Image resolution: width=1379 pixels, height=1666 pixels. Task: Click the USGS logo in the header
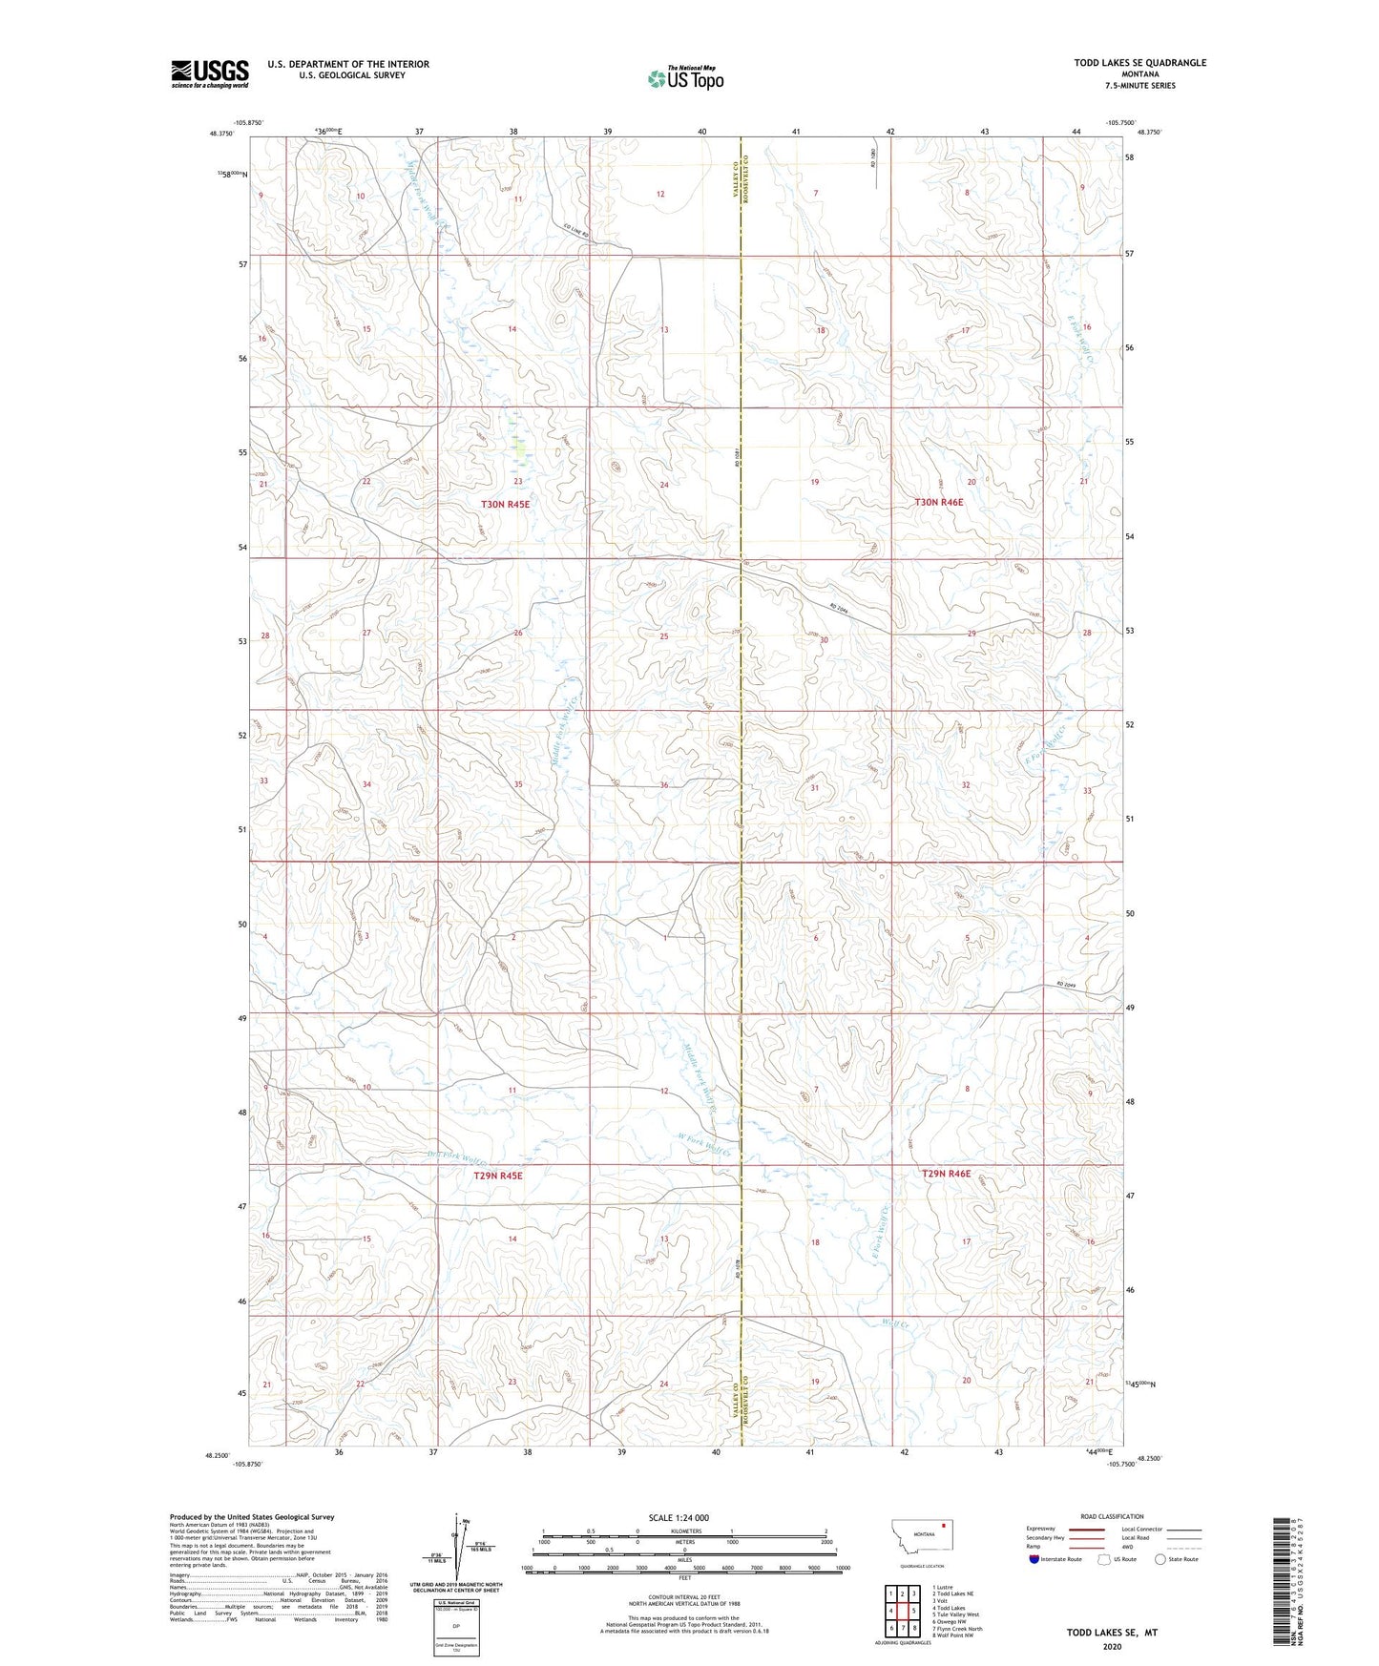(210, 73)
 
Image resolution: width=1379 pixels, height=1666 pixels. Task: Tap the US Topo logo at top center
(685, 78)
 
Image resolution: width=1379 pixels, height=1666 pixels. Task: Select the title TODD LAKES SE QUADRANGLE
(1139, 63)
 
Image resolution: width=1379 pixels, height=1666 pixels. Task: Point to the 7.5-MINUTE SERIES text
(1140, 86)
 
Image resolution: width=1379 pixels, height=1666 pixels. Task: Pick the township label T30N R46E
(939, 502)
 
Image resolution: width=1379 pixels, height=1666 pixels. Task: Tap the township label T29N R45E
(498, 1176)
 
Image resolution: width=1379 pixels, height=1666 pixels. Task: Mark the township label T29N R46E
(946, 1174)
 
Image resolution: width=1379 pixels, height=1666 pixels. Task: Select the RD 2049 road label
(1066, 986)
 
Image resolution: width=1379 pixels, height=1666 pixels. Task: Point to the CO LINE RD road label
(576, 229)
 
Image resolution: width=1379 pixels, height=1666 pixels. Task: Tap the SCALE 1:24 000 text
(679, 1517)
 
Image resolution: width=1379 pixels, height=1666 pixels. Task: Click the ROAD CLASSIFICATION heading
(1112, 1516)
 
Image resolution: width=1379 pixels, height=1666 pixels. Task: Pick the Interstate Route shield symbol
(1035, 1559)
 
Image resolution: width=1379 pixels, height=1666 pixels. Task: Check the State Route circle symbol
(1160, 1559)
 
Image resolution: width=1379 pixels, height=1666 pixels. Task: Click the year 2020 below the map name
(1112, 1647)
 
